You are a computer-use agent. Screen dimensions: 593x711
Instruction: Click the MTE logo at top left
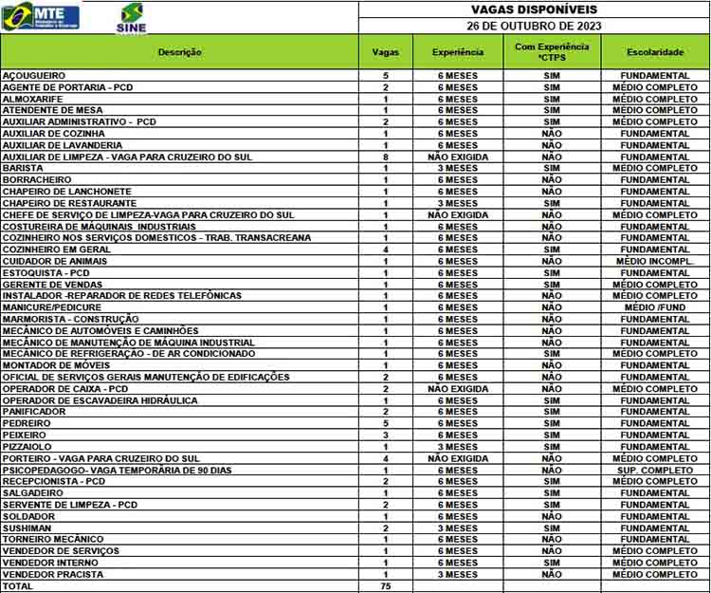(x=42, y=15)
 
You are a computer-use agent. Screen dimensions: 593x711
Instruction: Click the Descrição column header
(x=180, y=51)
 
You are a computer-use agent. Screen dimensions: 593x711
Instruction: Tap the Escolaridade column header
(x=655, y=51)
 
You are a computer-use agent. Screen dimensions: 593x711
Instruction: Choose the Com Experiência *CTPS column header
(x=552, y=51)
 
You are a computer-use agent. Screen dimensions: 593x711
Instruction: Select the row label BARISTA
(x=23, y=168)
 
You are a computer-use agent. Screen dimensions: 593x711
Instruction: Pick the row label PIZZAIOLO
(x=27, y=447)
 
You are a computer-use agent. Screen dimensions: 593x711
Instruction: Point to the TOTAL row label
(x=18, y=586)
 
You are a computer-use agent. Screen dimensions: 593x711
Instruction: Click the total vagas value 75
(x=386, y=586)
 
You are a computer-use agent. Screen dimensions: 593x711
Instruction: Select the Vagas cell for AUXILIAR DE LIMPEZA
(x=386, y=157)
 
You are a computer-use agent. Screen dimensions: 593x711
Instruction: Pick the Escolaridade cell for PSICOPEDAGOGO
(x=655, y=471)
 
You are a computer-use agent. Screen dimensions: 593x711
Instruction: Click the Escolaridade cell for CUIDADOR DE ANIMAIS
(x=655, y=261)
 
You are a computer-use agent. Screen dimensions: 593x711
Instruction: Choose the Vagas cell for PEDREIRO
(x=386, y=424)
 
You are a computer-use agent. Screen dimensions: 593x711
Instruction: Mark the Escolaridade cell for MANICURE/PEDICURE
(x=655, y=307)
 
